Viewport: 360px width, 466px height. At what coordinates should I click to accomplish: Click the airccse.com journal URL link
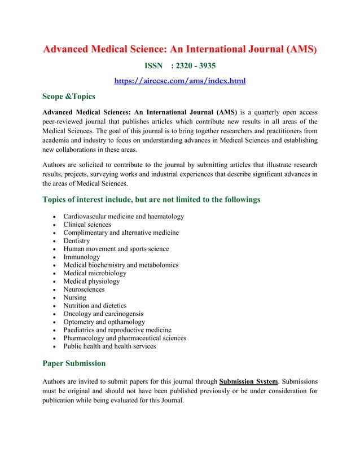[x=180, y=81]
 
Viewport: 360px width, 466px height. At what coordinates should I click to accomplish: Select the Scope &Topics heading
[x=69, y=96]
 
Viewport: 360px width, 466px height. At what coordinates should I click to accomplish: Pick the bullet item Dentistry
[x=77, y=241]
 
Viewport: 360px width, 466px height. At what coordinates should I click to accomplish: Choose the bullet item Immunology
[x=81, y=257]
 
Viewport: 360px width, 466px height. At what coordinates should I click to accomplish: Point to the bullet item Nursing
[x=75, y=297]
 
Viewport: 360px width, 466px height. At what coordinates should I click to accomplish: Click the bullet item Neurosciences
[x=84, y=289]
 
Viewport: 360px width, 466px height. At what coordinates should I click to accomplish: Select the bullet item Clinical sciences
[x=87, y=225]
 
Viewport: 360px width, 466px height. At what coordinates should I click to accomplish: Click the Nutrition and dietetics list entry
[x=95, y=306]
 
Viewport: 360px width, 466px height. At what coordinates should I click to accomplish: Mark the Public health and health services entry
[x=109, y=346]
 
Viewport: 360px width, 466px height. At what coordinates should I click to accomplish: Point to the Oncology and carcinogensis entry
[x=103, y=314]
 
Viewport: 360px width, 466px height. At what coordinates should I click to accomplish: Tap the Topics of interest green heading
[x=151, y=199]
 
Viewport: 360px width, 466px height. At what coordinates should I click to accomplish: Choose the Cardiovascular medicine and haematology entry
[x=124, y=217]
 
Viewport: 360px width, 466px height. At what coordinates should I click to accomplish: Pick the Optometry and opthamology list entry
[x=104, y=322]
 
